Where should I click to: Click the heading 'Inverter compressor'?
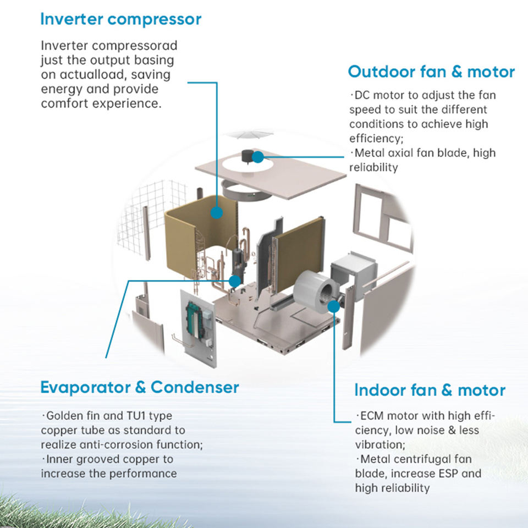coord(120,19)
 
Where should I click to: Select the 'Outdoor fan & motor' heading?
coord(431,72)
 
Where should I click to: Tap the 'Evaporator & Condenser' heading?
coord(140,387)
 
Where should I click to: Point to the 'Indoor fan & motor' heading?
coord(430,391)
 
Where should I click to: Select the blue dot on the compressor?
coord(235,281)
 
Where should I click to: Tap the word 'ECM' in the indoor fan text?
coord(372,416)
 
